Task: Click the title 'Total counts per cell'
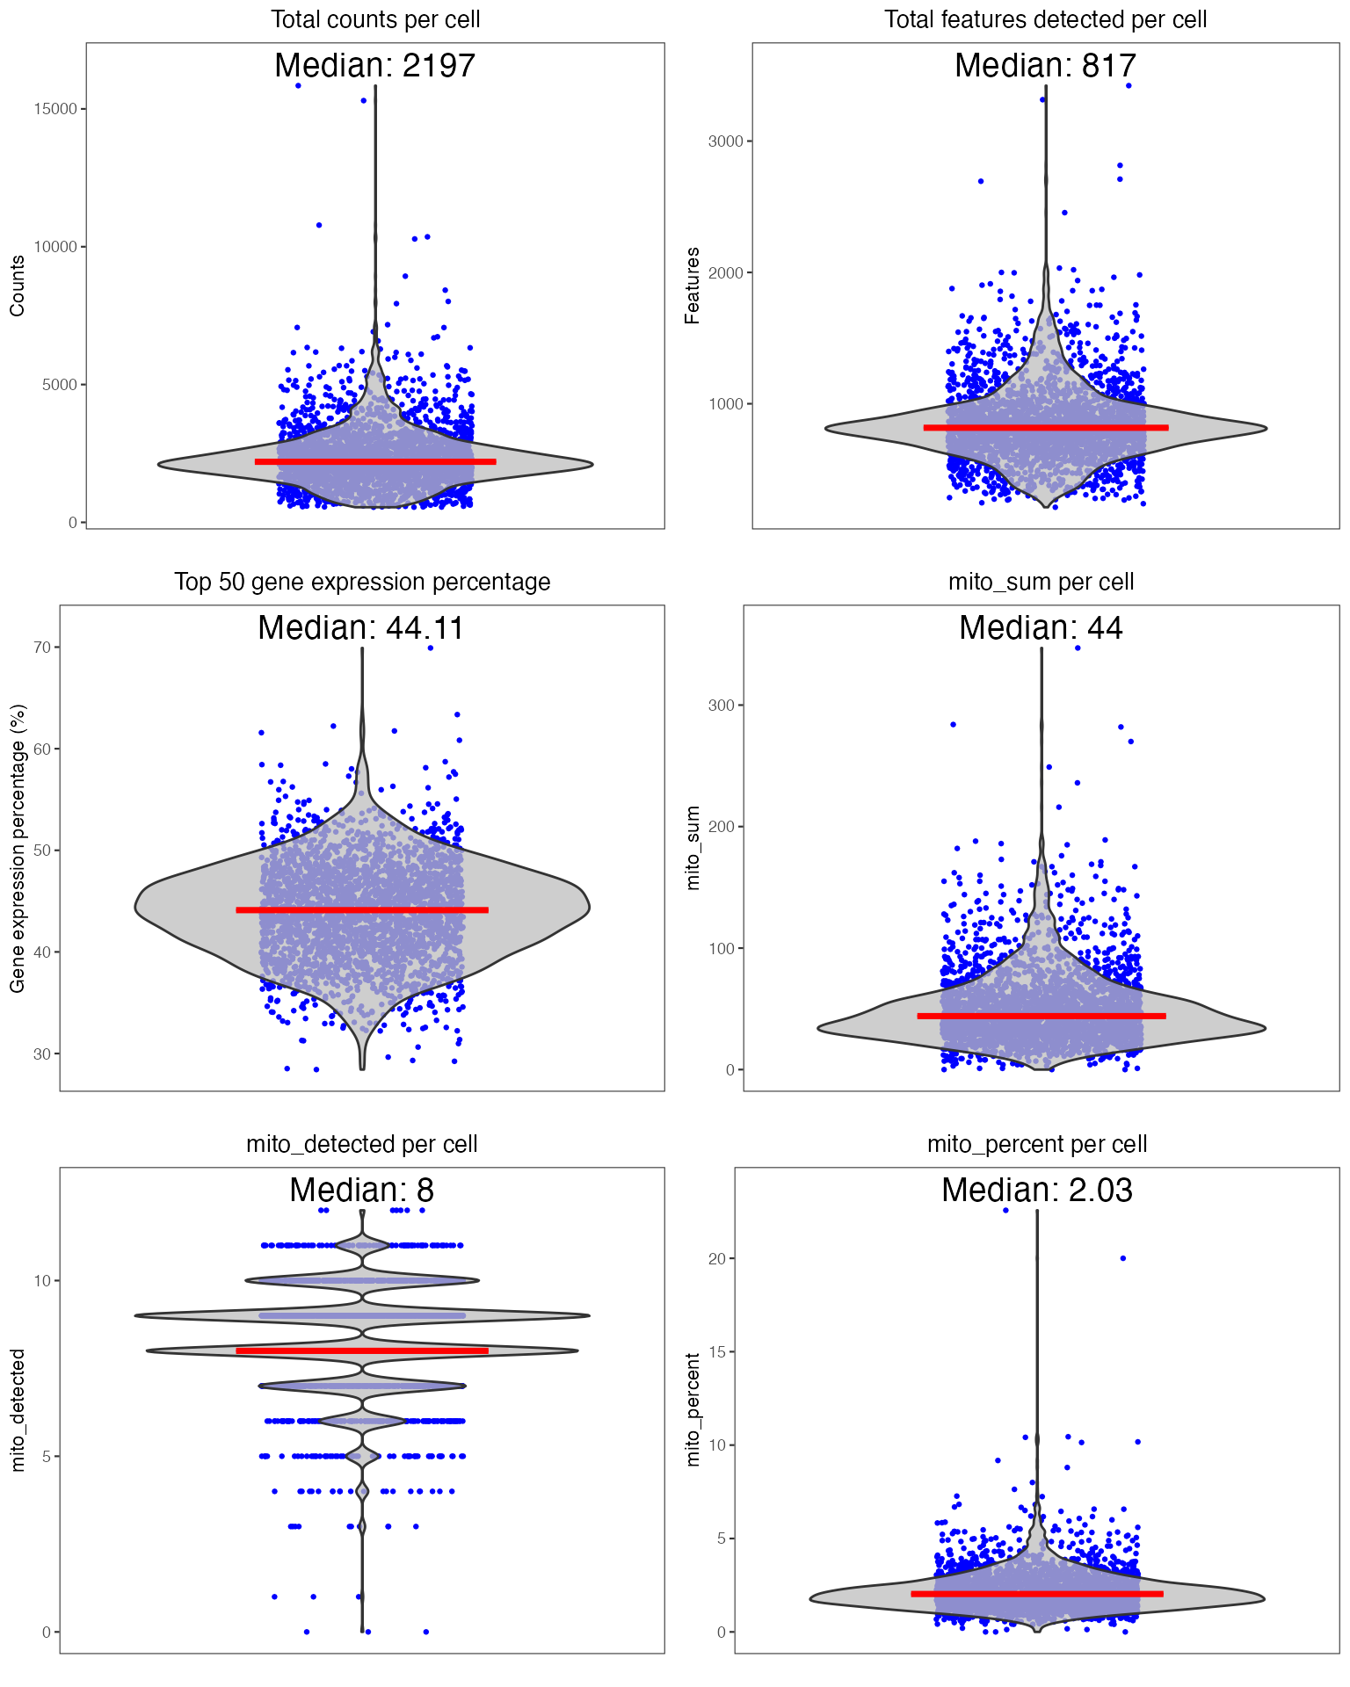[x=375, y=19]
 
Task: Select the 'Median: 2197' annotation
[x=375, y=66]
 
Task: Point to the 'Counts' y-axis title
[x=17, y=286]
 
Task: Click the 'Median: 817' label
[x=1045, y=66]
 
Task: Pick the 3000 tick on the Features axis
[x=726, y=141]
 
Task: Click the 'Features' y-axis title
[x=693, y=286]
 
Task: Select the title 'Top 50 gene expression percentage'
[x=362, y=582]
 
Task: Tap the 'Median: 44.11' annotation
[x=361, y=628]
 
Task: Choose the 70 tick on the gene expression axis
[x=42, y=648]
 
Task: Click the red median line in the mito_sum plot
[x=1042, y=1016]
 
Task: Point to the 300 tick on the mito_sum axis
[x=722, y=706]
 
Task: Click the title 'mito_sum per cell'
[x=1042, y=582]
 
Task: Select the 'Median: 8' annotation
[x=362, y=1191]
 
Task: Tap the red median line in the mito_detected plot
[x=362, y=1350]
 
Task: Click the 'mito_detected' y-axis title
[x=17, y=1410]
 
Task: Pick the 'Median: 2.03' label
[x=1037, y=1191]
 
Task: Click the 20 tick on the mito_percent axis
[x=717, y=1259]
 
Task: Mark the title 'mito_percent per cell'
[x=1037, y=1144]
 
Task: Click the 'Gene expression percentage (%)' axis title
[x=17, y=848]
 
